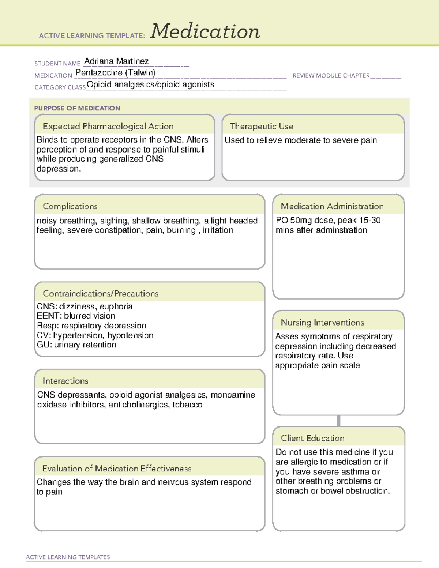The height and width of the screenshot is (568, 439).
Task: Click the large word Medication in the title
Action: (205, 31)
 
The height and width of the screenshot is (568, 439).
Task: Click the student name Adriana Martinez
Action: (116, 61)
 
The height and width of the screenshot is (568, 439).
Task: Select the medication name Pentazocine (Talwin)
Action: (116, 73)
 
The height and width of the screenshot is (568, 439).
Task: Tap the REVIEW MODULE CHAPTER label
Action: (331, 75)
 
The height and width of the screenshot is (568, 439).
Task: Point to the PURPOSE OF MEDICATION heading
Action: (77, 108)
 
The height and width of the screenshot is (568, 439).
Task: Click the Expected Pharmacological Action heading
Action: (108, 126)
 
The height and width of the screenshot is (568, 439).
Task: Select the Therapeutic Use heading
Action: (262, 126)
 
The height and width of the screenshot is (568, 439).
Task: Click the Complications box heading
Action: (70, 206)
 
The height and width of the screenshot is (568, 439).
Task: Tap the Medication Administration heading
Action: (332, 206)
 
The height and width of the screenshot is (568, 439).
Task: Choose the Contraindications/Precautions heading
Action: (101, 293)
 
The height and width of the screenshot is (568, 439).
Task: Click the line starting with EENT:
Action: (76, 316)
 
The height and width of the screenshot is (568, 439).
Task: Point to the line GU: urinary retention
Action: (76, 345)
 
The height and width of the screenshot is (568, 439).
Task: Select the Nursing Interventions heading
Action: (322, 322)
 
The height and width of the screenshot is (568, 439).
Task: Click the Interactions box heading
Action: (65, 381)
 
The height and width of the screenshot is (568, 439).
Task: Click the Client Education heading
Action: (312, 438)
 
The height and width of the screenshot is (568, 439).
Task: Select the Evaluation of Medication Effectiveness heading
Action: (117, 469)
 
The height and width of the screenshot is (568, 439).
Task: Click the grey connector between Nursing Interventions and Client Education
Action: (338, 421)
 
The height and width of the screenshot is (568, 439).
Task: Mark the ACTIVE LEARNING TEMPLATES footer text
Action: (68, 557)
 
